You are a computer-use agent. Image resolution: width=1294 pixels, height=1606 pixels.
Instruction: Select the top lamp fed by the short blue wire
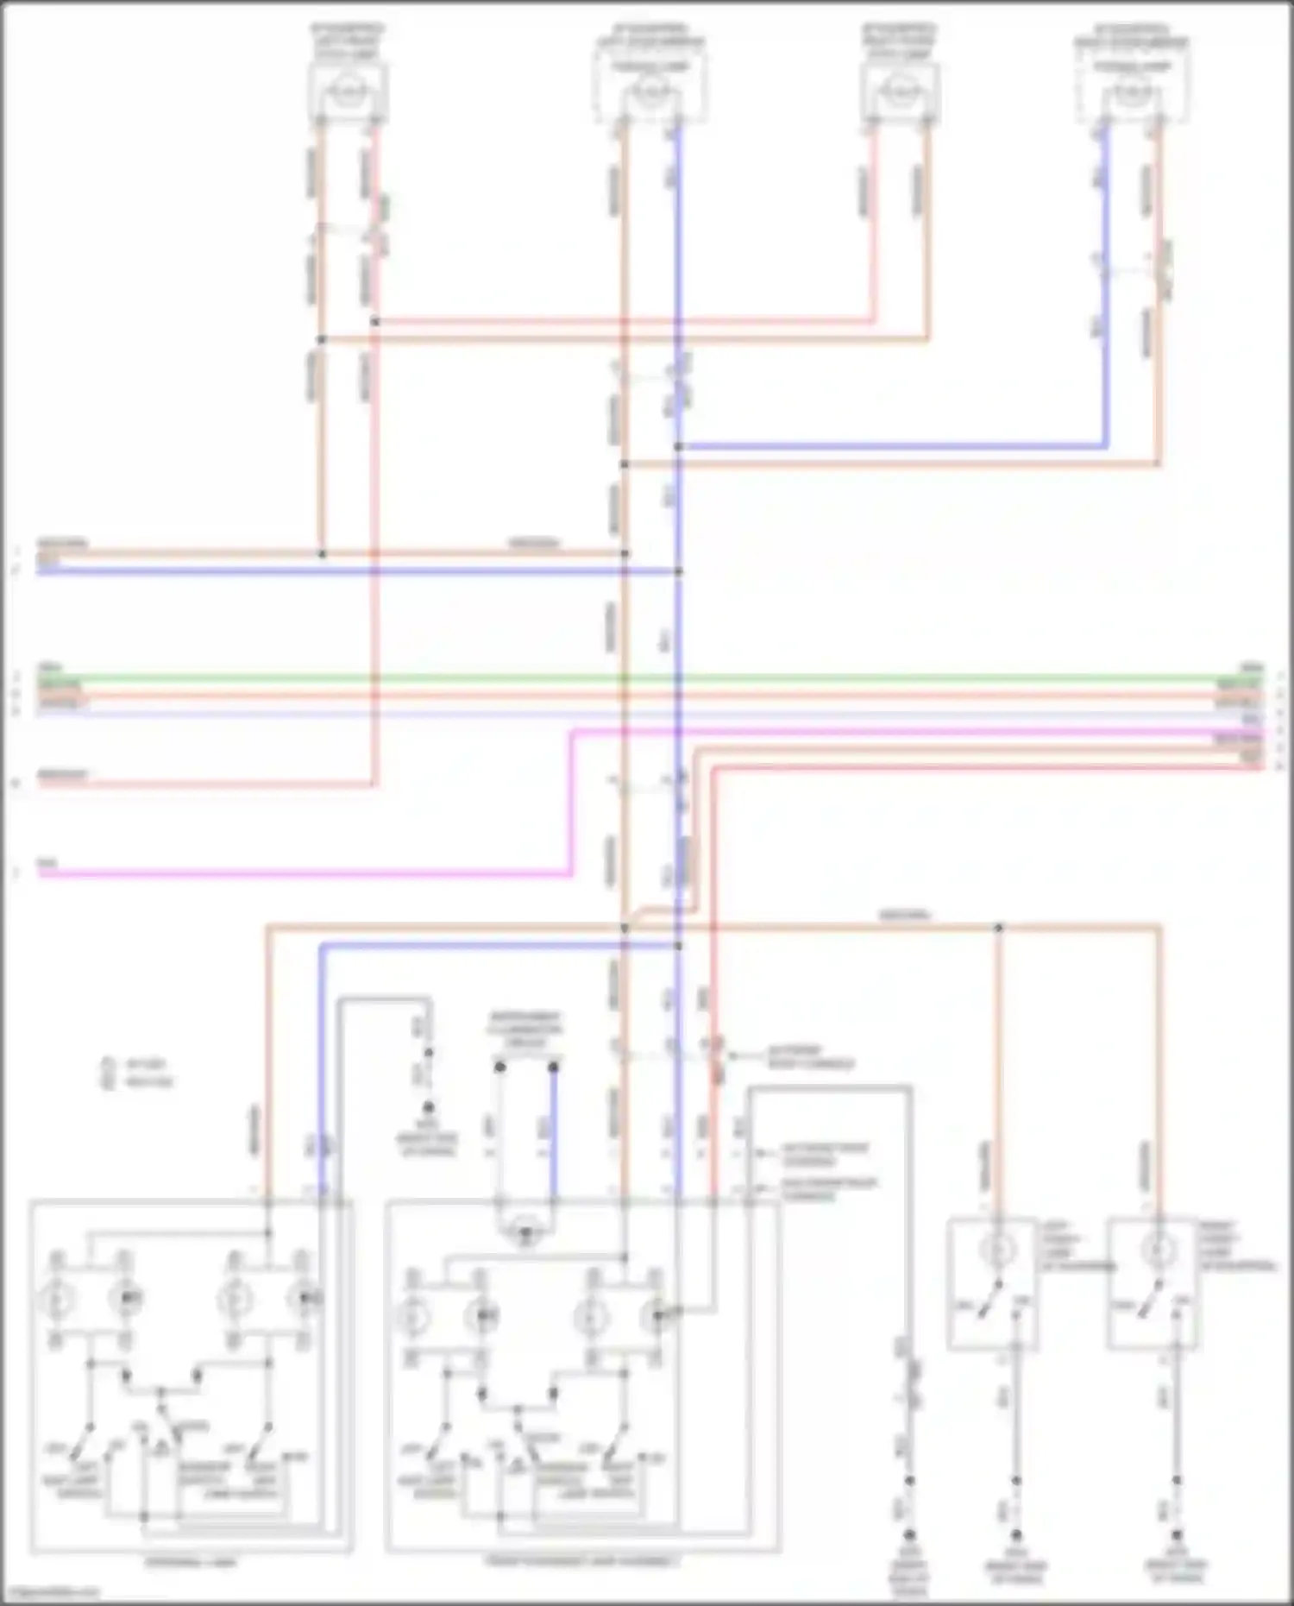click(x=1132, y=90)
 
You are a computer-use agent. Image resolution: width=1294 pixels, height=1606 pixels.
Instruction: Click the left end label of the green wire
click(x=49, y=668)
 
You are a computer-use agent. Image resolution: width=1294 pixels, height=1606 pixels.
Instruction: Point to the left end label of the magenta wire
click(x=47, y=863)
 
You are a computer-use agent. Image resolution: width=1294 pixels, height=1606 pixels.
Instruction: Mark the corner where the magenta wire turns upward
click(x=571, y=874)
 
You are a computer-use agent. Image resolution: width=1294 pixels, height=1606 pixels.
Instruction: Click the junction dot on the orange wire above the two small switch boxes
click(x=998, y=928)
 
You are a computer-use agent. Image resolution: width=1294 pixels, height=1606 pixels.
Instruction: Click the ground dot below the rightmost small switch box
click(x=1176, y=1535)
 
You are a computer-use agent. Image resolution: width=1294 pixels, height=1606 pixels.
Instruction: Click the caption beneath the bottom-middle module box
click(x=582, y=1560)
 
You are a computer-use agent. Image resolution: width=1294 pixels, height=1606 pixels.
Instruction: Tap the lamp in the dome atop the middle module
click(x=525, y=1232)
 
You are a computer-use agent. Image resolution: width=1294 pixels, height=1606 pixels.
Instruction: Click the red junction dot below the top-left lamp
click(x=375, y=322)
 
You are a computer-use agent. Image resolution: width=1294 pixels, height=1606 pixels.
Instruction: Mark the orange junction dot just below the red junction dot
click(x=321, y=340)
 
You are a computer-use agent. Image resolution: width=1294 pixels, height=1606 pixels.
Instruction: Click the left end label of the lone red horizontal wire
click(x=62, y=774)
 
